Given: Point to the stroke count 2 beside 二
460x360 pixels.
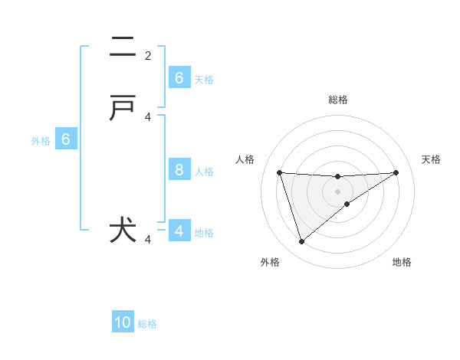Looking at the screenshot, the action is point(148,55).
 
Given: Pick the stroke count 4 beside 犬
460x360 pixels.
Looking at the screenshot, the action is point(148,240).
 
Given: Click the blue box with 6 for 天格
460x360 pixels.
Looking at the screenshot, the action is point(179,78).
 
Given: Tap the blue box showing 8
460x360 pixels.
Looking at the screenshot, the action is point(179,170).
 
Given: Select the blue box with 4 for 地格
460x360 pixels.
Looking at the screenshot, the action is point(179,231).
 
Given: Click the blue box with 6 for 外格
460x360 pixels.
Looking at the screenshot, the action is point(66,139).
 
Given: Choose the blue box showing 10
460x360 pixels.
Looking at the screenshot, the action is point(123,322).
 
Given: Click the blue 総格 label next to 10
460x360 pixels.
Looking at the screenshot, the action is point(148,324).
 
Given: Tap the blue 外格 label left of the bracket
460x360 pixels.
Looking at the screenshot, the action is point(41,141).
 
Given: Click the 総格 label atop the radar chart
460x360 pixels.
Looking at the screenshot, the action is point(338,100).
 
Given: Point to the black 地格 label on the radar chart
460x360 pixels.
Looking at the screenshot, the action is point(402,262).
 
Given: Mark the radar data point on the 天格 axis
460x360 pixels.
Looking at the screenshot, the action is point(396,172).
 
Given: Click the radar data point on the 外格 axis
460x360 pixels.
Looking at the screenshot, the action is point(301,242).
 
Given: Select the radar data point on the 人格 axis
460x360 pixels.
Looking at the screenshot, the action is point(279,172).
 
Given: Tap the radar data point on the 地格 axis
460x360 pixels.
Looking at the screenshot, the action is point(347,204).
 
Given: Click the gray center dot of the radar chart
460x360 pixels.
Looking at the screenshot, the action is point(337,190).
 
